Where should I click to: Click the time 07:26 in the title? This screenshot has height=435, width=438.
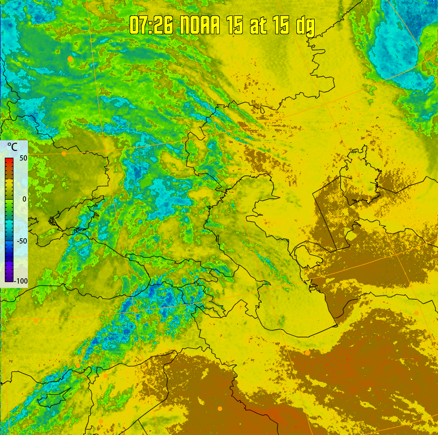(151, 26)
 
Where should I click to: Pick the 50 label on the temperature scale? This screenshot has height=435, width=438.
(21, 158)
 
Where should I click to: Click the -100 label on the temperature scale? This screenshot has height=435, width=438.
(21, 281)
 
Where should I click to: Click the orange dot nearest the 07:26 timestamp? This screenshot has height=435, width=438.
(70, 59)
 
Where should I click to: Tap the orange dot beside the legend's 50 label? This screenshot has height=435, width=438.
(64, 153)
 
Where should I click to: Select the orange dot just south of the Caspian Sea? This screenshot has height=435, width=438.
(307, 353)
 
